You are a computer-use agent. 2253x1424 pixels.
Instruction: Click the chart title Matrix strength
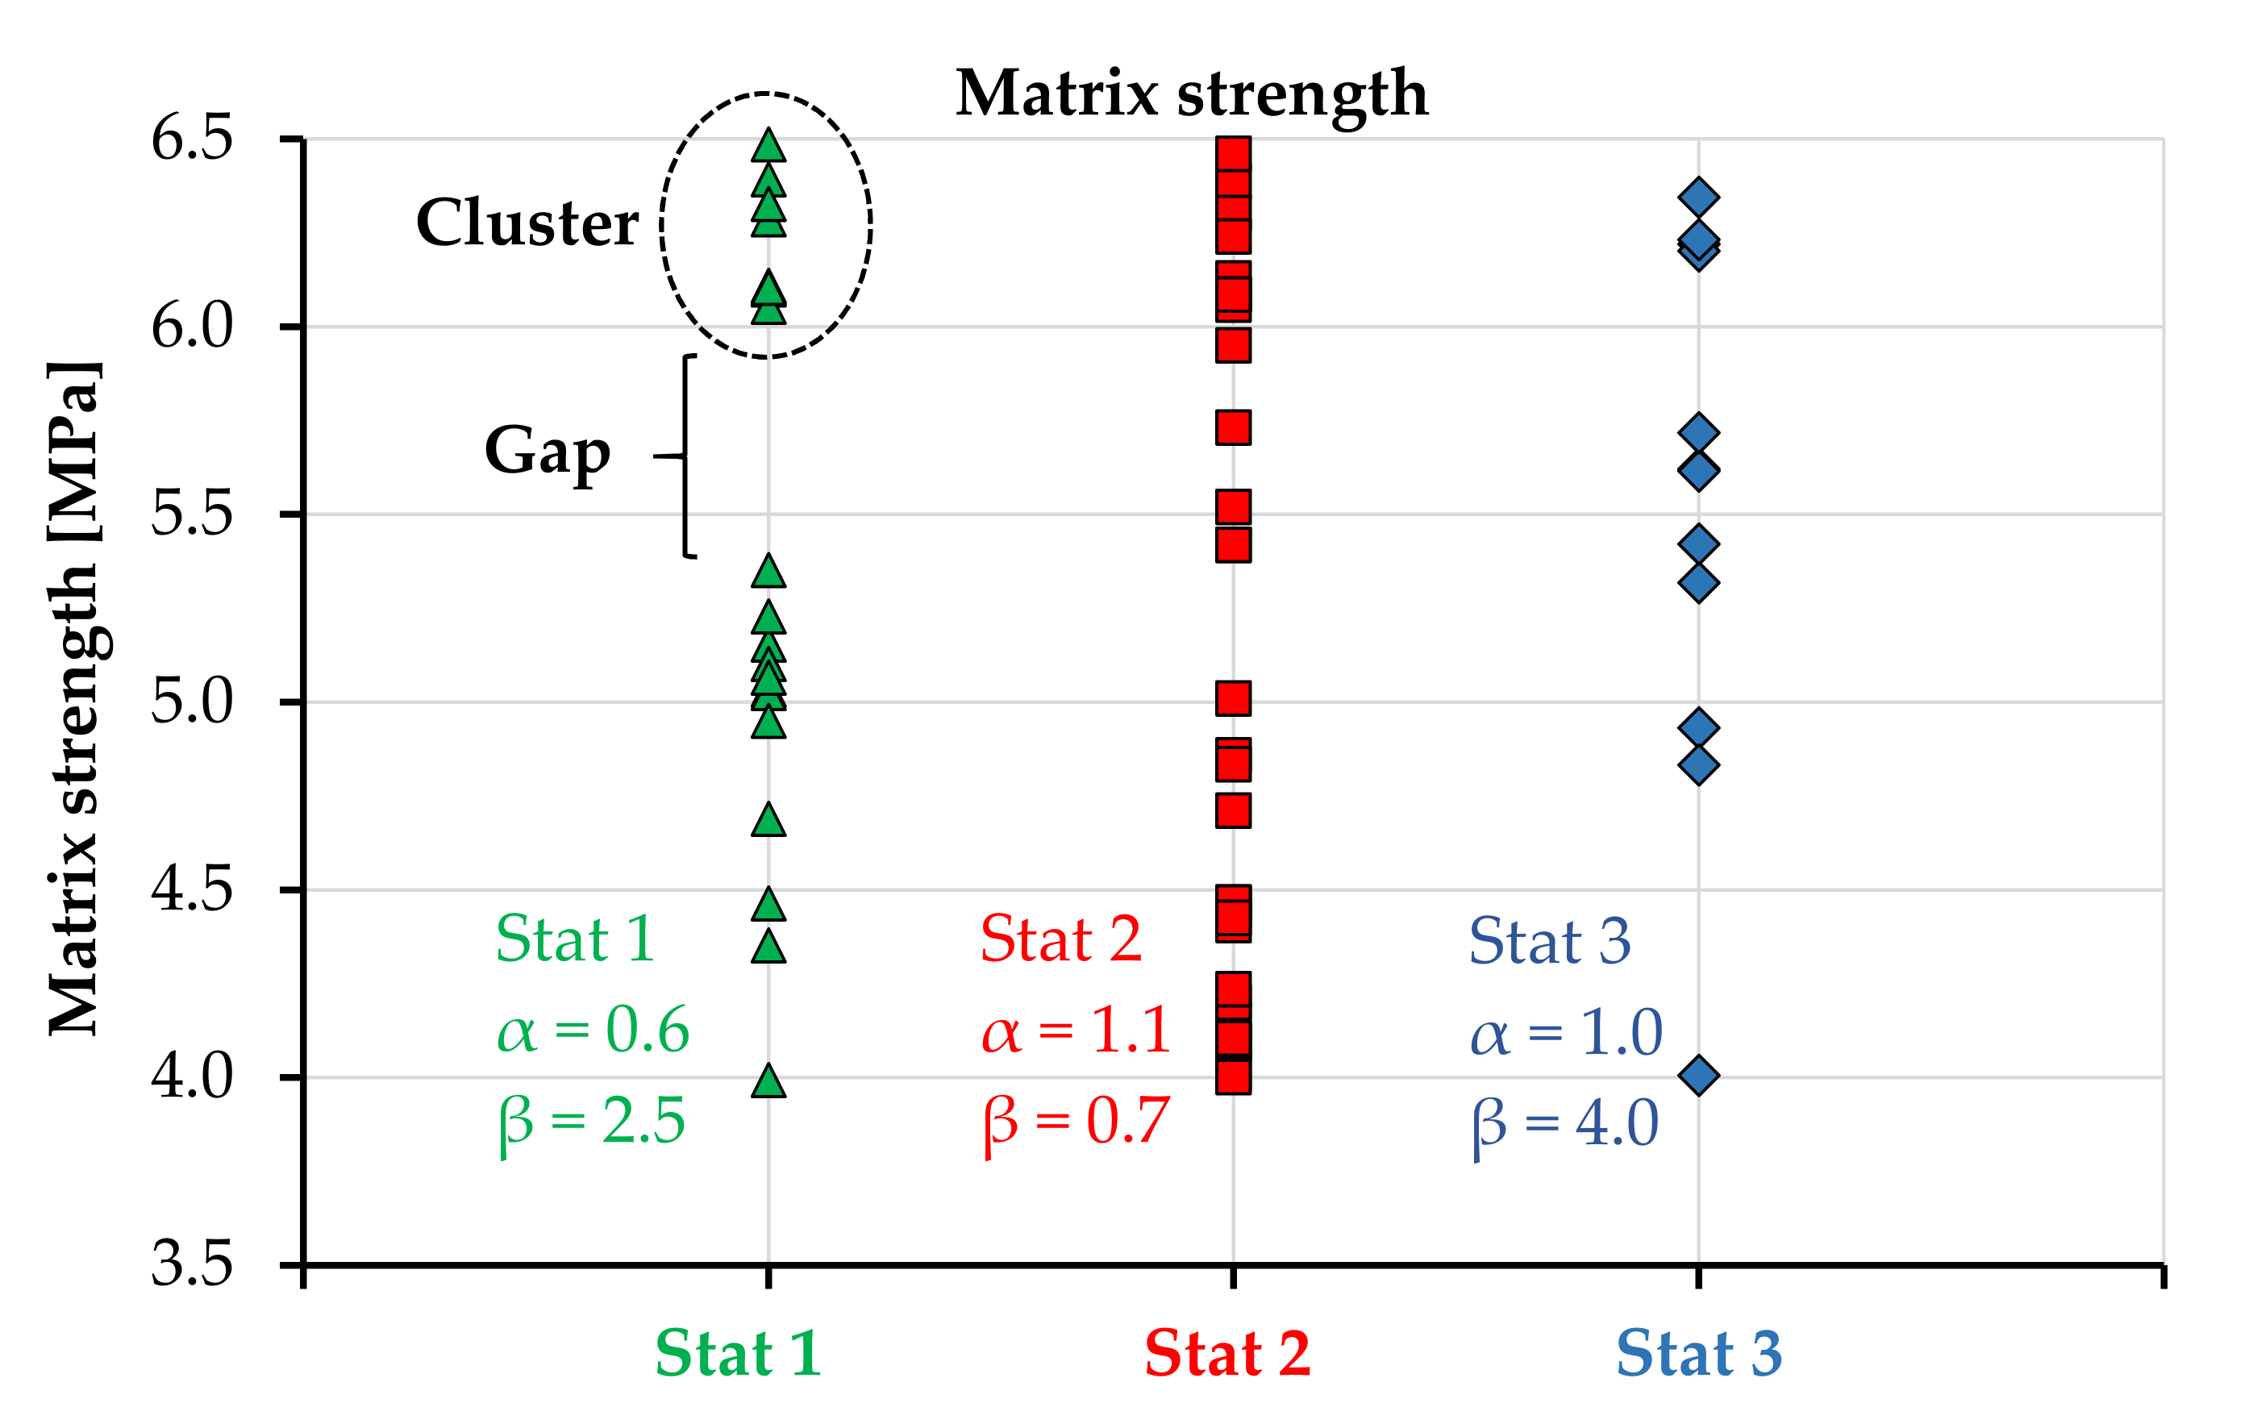(x=1191, y=94)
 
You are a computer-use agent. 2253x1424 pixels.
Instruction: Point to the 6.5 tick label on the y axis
(x=192, y=139)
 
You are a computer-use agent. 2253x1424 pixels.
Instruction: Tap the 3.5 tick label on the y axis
(x=192, y=1265)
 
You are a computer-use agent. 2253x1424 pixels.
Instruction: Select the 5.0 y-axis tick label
(x=192, y=702)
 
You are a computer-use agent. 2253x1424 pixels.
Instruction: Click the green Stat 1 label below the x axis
(x=738, y=1354)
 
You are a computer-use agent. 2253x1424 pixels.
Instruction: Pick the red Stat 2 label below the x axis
(x=1227, y=1354)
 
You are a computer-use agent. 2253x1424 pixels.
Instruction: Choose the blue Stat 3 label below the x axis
(x=1699, y=1354)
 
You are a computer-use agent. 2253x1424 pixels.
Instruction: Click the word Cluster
(x=527, y=223)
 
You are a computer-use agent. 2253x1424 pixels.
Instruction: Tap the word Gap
(x=548, y=452)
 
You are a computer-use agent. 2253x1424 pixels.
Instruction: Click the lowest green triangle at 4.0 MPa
(x=768, y=1081)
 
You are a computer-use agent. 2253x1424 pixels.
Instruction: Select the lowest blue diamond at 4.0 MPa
(x=1698, y=1076)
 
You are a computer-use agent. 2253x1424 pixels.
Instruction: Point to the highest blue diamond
(x=1698, y=198)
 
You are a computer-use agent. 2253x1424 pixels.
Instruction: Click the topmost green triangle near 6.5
(x=768, y=146)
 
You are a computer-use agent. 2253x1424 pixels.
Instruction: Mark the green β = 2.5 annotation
(x=591, y=1121)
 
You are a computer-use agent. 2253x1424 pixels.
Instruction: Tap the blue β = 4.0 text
(x=1565, y=1124)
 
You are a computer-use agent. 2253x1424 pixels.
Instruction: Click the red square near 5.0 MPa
(x=1233, y=698)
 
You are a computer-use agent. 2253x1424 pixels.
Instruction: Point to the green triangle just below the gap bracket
(x=768, y=572)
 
